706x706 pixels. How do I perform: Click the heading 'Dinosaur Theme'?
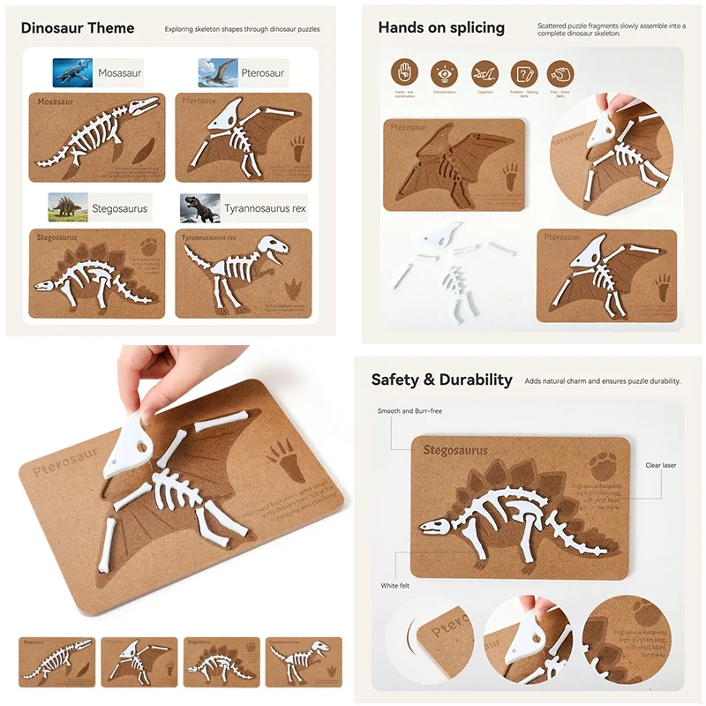tap(78, 27)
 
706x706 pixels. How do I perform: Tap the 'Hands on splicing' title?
tap(441, 27)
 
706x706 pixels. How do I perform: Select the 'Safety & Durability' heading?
tap(441, 379)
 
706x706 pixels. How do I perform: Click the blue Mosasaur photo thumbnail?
tap(72, 71)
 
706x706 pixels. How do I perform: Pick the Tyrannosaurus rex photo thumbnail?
tap(200, 208)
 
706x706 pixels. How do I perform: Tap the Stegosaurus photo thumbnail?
tap(67, 207)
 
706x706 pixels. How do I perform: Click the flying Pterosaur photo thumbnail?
tap(217, 71)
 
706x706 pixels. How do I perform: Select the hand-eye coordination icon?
tap(404, 72)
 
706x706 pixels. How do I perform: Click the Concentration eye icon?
tap(443, 72)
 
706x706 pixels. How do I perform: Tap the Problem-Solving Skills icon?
tap(524, 72)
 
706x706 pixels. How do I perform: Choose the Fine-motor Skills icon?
tap(560, 72)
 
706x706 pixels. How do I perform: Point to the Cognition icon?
tap(484, 72)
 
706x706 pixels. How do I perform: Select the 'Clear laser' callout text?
tap(660, 465)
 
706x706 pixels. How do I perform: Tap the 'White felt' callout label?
tap(394, 585)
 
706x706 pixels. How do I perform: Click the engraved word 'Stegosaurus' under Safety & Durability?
tap(455, 451)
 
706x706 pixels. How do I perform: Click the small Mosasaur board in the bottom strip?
tap(56, 662)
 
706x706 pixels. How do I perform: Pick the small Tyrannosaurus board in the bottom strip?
tap(303, 662)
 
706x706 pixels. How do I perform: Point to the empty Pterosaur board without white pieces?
tap(453, 165)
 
